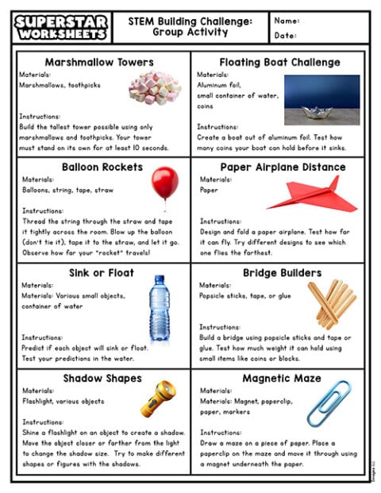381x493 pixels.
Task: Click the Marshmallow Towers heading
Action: tap(99, 62)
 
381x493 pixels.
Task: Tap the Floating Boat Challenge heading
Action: tap(279, 62)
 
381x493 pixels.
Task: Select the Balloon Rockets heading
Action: tap(102, 168)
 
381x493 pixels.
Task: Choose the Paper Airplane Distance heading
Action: tap(283, 168)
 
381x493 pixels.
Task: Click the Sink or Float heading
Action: tap(100, 273)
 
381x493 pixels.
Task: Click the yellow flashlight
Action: tap(158, 399)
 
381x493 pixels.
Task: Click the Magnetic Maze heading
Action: tap(282, 379)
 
